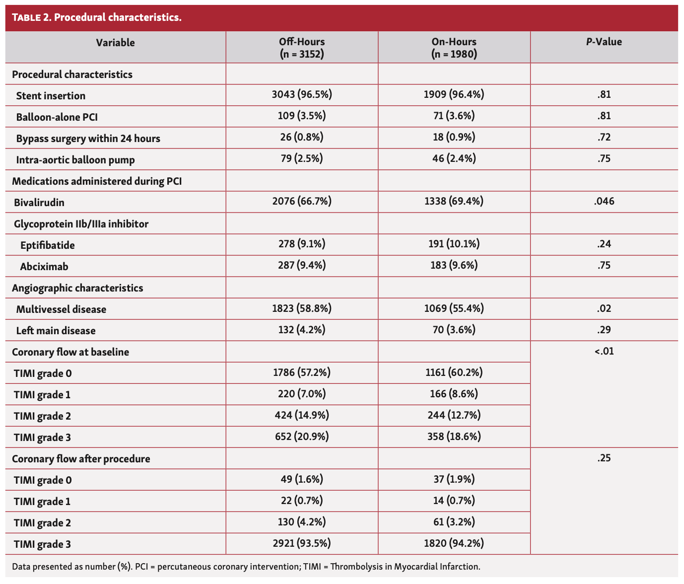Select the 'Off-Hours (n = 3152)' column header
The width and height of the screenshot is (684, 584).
pyautogui.click(x=302, y=48)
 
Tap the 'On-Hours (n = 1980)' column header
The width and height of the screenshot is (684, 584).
pyautogui.click(x=454, y=48)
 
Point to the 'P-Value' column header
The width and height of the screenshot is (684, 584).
pyautogui.click(x=604, y=42)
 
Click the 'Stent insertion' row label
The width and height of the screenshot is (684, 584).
pyautogui.click(x=51, y=96)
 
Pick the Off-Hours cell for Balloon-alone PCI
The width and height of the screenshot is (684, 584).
pyautogui.click(x=302, y=116)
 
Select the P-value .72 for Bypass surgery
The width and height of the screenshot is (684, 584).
pyautogui.click(x=604, y=138)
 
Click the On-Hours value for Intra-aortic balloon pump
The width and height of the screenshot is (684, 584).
pyautogui.click(x=454, y=159)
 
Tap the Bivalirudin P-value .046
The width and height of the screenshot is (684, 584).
pyautogui.click(x=604, y=202)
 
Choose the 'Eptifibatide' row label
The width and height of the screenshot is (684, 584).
pyautogui.click(x=48, y=245)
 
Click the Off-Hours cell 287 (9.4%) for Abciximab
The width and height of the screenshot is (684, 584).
pyautogui.click(x=302, y=266)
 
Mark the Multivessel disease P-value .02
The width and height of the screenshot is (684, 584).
pyautogui.click(x=604, y=308)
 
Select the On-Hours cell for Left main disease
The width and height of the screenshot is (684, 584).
pyautogui.click(x=454, y=330)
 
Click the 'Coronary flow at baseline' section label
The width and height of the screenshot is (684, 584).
pyautogui.click(x=70, y=352)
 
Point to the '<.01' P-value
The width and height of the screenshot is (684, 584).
pyautogui.click(x=604, y=352)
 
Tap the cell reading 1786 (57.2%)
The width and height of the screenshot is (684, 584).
pyautogui.click(x=302, y=372)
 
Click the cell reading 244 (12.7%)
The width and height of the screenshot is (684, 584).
pyautogui.click(x=454, y=415)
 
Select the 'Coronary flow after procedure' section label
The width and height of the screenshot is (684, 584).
pyautogui.click(x=81, y=459)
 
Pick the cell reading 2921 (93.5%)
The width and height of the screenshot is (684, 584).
pyautogui.click(x=302, y=544)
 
